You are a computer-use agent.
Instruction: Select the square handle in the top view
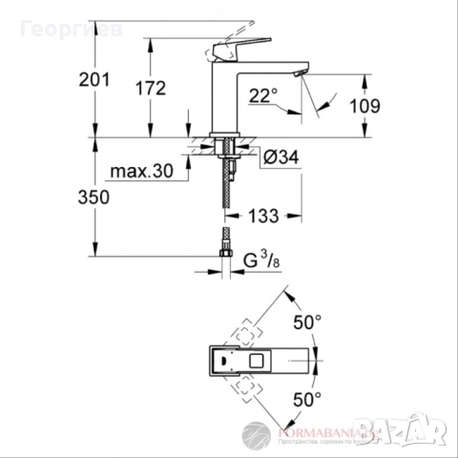(x=259, y=361)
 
